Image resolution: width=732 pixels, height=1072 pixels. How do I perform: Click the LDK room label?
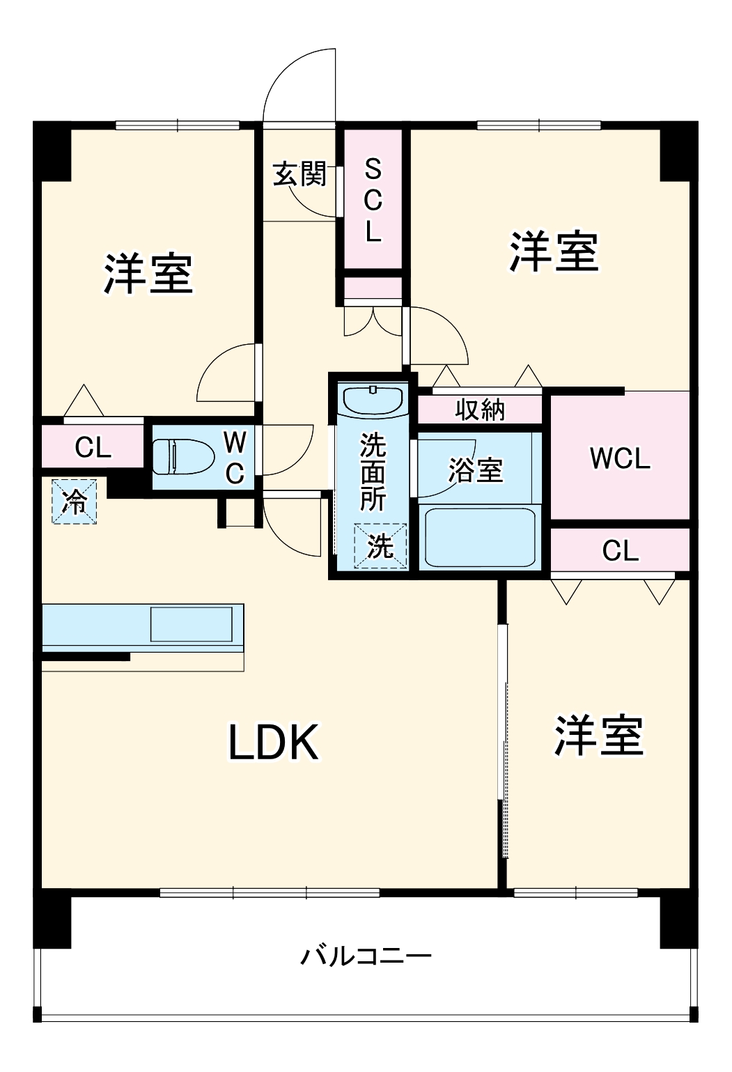pyautogui.click(x=274, y=742)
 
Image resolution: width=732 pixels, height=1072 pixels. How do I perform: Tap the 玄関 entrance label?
pyautogui.click(x=299, y=173)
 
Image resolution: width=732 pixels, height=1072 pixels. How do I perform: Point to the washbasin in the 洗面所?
pyautogui.click(x=373, y=400)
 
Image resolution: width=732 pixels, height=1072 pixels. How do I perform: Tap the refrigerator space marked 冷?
pyautogui.click(x=73, y=501)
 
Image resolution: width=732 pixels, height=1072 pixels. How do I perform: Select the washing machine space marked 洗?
pyautogui.click(x=380, y=546)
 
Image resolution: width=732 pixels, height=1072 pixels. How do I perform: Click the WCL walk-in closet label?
pyautogui.click(x=619, y=458)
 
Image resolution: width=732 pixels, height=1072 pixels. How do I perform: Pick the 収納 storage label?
pyautogui.click(x=479, y=410)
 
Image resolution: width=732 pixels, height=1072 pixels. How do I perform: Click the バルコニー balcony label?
pyautogui.click(x=366, y=955)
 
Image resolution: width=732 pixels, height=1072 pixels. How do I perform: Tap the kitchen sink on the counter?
pyautogui.click(x=192, y=624)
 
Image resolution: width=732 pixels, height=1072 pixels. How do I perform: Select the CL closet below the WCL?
pyautogui.click(x=620, y=550)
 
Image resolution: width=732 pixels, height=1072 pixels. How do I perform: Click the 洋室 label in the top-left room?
pyautogui.click(x=148, y=274)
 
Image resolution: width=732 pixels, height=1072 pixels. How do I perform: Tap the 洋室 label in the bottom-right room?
pyautogui.click(x=598, y=735)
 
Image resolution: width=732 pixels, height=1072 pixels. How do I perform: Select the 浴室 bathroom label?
pyautogui.click(x=475, y=470)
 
